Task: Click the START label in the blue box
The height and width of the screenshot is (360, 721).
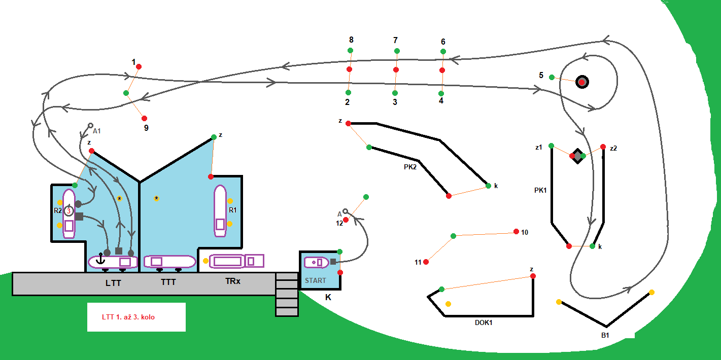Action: (316, 280)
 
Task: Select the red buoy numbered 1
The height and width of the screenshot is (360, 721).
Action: (139, 66)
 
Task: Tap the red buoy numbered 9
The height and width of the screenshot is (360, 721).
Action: (144, 118)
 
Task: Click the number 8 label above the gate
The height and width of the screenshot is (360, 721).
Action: (351, 40)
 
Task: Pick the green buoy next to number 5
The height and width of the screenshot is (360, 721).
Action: (552, 77)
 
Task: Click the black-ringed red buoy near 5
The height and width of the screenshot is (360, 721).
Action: (581, 82)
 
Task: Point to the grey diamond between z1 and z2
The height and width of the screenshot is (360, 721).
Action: (577, 156)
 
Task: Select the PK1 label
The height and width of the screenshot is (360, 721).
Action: (541, 191)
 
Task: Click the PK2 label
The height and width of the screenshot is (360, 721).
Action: (407, 166)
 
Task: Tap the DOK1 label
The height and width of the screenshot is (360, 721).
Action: (484, 322)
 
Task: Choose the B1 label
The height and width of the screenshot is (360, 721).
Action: (605, 335)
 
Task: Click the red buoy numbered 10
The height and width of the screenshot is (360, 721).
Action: (516, 232)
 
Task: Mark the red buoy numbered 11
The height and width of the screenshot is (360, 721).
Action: (426, 262)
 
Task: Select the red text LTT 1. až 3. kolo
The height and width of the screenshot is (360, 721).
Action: (128, 317)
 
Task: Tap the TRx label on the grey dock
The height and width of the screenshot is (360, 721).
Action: (232, 280)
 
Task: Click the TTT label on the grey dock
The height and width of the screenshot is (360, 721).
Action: (168, 282)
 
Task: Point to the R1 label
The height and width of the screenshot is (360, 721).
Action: (233, 210)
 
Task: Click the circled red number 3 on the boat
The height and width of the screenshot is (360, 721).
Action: (69, 211)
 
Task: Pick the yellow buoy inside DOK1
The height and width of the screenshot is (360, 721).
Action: (448, 304)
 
